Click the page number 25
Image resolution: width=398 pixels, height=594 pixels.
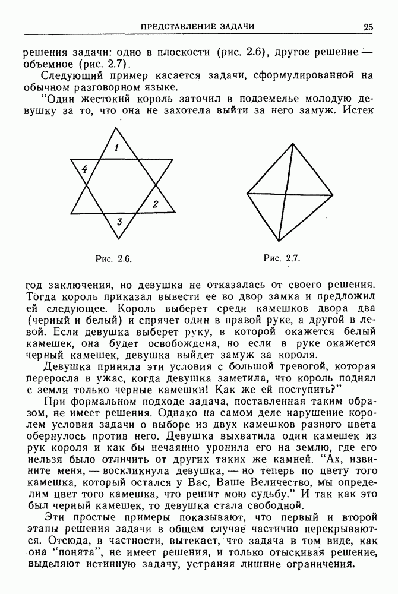pos(369,26)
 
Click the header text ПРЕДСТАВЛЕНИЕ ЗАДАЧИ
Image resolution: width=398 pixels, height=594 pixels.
pos(197,26)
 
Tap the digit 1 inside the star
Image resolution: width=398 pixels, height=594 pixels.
pos(117,147)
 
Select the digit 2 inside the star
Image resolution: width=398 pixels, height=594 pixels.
pos(155,204)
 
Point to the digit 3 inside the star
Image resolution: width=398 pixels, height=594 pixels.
pos(119,223)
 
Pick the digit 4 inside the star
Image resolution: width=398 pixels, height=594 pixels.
pos(84,170)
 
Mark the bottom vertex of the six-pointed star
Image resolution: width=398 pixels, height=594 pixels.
pos(122,239)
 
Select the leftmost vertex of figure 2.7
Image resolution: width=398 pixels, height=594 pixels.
pos(247,193)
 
